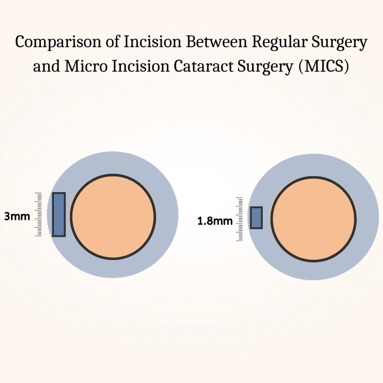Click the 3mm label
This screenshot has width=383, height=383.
tap(17, 217)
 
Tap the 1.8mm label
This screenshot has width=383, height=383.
tap(215, 221)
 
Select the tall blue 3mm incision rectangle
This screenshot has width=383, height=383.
tap(59, 214)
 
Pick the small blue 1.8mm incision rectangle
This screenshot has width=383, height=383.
tap(256, 218)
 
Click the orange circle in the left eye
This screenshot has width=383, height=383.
tap(113, 217)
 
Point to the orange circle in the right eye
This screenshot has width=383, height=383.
tap(313, 219)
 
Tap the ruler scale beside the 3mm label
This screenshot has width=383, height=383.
tap(39, 214)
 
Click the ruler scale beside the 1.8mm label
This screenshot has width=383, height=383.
tap(239, 219)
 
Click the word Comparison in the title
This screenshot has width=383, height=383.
tap(58, 42)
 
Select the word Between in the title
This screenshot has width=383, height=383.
tap(217, 42)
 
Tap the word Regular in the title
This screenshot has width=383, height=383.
tap(279, 42)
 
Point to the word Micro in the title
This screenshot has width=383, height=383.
tap(86, 66)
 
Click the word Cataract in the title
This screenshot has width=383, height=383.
tap(203, 66)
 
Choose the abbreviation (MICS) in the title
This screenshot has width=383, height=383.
tap(324, 66)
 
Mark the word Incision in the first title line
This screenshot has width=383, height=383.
tap(153, 42)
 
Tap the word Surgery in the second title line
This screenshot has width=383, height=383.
tap(266, 67)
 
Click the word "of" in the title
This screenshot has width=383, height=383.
tap(113, 42)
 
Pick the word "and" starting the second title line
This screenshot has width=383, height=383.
tap(46, 66)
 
